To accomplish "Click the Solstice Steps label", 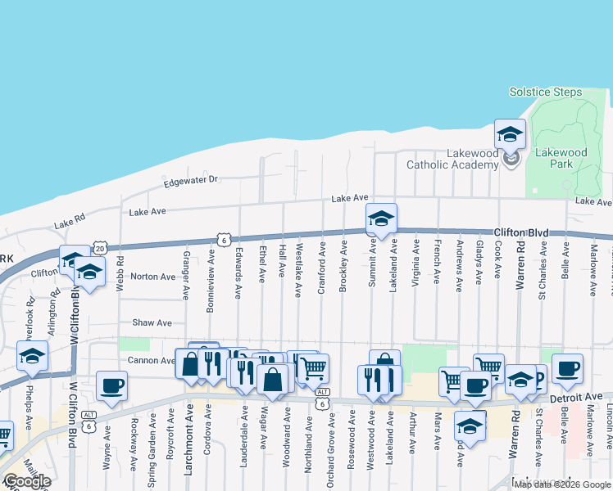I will point(545,92).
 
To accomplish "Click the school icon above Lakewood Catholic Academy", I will point(510,134).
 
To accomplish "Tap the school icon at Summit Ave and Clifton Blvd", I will point(381,219).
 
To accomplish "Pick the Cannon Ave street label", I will point(151,360).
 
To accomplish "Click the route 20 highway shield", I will point(100,246).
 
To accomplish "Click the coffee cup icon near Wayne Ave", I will point(111,385).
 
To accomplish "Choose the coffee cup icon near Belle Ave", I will point(567,367).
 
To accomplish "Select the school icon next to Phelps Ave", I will point(32,356).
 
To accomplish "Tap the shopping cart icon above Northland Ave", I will point(313,369).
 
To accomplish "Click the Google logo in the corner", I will point(28,481).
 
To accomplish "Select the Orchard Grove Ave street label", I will point(330,442).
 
